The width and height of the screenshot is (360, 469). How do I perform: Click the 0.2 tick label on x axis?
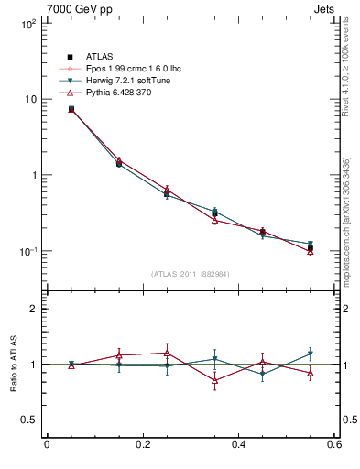click(x=142, y=445)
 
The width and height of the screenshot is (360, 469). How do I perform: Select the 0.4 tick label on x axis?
click(x=238, y=445)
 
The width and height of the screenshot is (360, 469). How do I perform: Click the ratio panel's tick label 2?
click(x=33, y=309)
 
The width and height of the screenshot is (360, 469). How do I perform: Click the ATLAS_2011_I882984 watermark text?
click(x=190, y=274)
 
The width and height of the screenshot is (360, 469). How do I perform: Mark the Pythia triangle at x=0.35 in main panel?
click(x=214, y=220)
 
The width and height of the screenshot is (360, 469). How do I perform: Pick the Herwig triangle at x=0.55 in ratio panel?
click(x=311, y=354)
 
